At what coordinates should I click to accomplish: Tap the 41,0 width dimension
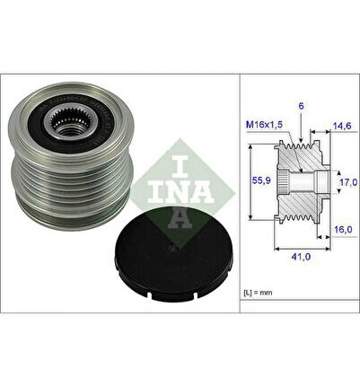click(x=301, y=257)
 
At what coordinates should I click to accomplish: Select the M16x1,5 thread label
click(x=264, y=125)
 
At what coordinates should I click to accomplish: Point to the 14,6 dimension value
click(x=342, y=126)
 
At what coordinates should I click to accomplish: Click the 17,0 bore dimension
click(x=348, y=181)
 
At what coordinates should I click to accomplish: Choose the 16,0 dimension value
click(x=342, y=229)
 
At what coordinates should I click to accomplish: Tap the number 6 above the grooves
click(x=301, y=106)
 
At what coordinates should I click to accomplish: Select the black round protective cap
click(x=175, y=254)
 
